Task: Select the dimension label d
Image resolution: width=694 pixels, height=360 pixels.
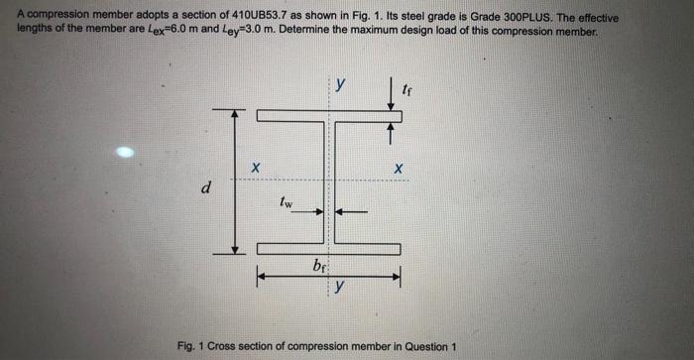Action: pos(205,186)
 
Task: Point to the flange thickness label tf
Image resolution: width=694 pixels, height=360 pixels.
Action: pos(407,91)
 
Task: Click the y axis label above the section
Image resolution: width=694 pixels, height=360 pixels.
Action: pos(340,86)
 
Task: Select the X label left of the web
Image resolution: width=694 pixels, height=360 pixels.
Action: pos(255,170)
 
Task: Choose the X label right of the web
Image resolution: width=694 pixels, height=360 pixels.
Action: pos(399,170)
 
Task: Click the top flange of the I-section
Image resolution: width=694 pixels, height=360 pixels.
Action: pos(328,116)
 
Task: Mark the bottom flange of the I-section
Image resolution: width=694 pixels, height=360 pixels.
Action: pos(328,249)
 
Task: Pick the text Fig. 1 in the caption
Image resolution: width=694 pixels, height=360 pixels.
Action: pos(191,345)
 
